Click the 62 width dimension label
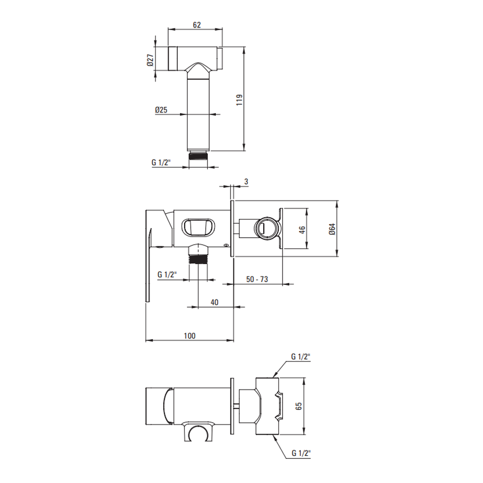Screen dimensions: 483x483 197,25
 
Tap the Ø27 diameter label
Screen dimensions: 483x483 150,60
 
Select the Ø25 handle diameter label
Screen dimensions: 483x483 161,110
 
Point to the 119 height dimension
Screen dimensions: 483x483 240,100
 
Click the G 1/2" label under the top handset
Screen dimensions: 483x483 161,162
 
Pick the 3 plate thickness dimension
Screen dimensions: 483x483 246,182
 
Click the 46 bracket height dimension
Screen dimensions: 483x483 302,229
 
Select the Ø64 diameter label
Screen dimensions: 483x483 332,229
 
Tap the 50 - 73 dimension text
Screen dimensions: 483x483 257,279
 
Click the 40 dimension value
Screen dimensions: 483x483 214,302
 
